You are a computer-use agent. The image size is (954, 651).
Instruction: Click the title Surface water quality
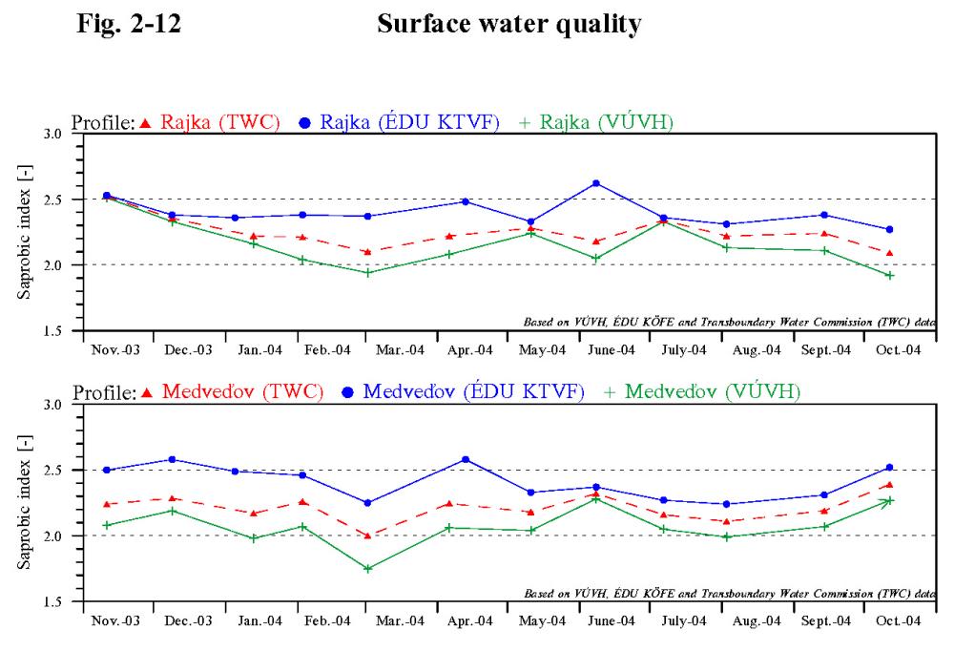[x=509, y=25]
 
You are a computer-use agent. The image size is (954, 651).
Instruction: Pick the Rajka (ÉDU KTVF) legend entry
[x=399, y=122]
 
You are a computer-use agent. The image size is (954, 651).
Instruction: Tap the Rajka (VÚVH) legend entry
[x=596, y=122]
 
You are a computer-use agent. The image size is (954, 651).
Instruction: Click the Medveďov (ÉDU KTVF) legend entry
[x=463, y=391]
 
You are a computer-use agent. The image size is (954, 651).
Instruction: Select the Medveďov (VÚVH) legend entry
[x=701, y=391]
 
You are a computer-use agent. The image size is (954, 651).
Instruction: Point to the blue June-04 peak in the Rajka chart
[x=596, y=183]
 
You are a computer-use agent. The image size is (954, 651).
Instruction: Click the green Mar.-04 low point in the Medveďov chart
[x=368, y=569]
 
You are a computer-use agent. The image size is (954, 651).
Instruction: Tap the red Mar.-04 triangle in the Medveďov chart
[x=367, y=535]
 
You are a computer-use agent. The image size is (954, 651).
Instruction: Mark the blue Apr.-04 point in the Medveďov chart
[x=467, y=460]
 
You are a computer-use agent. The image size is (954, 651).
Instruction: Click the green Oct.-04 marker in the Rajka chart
[x=889, y=276]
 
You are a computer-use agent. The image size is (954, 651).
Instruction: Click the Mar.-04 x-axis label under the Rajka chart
[x=400, y=350]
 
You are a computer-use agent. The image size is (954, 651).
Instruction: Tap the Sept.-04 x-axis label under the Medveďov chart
[x=825, y=621]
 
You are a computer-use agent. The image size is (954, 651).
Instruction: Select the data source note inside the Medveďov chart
[x=730, y=593]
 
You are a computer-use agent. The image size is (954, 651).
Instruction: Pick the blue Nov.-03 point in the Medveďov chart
[x=107, y=471]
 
